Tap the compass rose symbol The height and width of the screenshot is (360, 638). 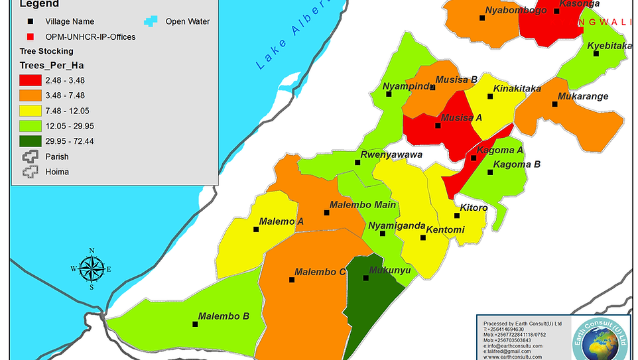point(91,269)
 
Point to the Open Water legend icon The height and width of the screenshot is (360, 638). point(153,21)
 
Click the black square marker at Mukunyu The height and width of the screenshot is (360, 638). point(365,278)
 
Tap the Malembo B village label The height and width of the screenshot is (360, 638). point(223,316)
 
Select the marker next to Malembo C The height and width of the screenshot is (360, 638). point(292,280)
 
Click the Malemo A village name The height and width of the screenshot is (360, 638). point(281,221)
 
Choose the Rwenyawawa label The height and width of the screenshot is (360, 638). point(391,155)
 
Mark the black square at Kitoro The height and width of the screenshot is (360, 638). point(456,215)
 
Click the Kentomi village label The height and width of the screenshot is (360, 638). point(445,230)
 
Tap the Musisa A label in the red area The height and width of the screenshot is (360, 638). point(462,118)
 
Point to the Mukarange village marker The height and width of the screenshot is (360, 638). point(554,103)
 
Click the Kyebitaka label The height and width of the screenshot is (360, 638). point(609,46)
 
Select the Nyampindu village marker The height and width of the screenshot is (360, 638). point(389,93)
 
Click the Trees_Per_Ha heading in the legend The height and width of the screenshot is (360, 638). point(51,65)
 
